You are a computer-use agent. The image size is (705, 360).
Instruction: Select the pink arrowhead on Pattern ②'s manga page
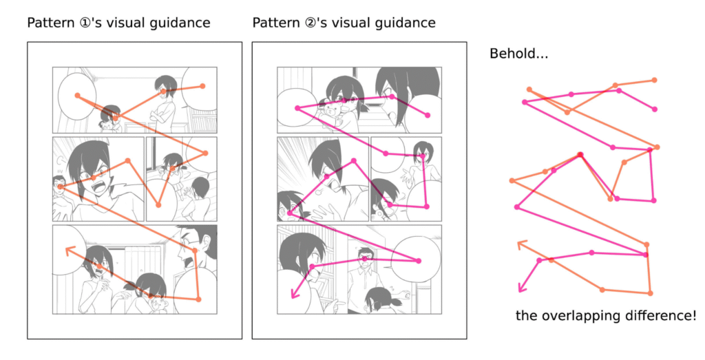tap(293, 295)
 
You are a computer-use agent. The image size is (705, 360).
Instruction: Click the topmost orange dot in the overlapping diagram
tap(654, 80)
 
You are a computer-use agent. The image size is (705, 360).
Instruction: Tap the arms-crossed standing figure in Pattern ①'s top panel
tap(165, 100)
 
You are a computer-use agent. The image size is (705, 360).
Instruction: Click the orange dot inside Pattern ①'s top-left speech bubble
tap(76, 95)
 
